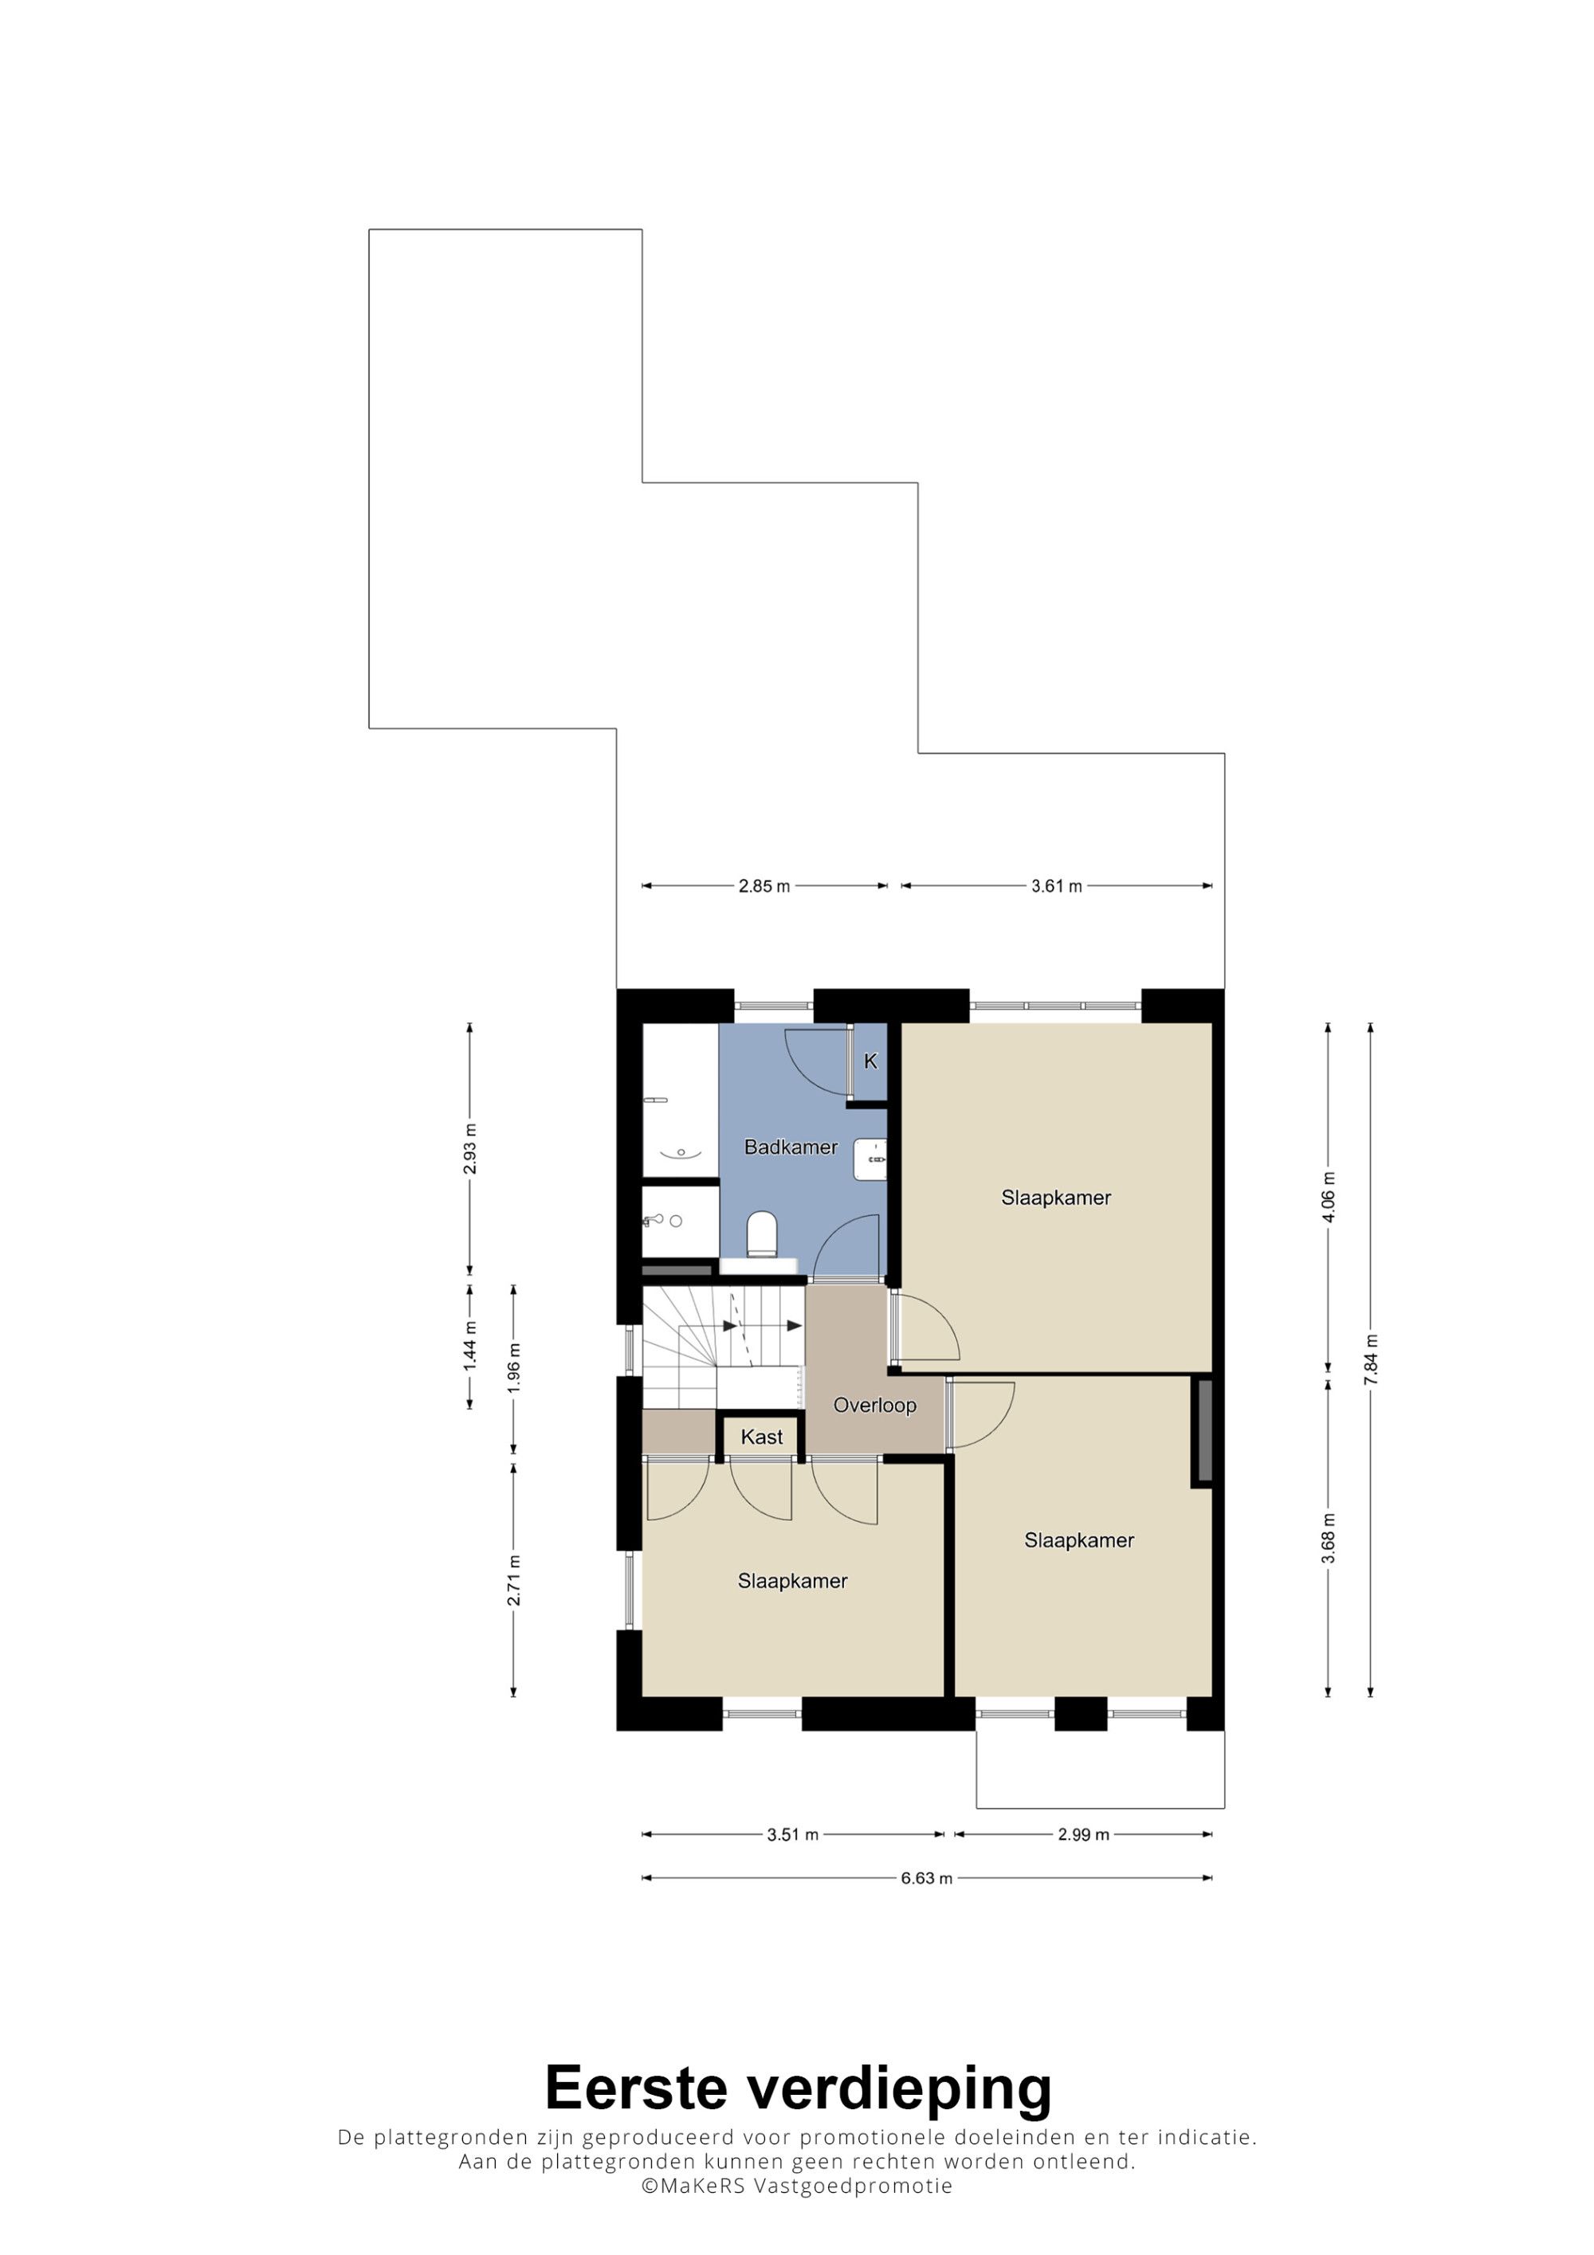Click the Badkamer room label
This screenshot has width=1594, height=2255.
click(791, 1147)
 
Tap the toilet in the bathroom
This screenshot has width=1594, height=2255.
click(762, 1233)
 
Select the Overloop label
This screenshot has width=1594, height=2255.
click(874, 1406)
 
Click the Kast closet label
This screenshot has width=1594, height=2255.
click(762, 1437)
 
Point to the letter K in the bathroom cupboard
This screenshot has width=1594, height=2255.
click(870, 1061)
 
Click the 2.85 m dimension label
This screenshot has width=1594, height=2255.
click(764, 886)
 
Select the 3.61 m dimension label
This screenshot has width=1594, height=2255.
click(1056, 886)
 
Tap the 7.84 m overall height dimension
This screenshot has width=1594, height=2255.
click(1371, 1360)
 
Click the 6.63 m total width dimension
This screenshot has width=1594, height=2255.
click(926, 1879)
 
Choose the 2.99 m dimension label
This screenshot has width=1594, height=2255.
click(1083, 1834)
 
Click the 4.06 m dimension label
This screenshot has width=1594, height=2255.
click(1329, 1198)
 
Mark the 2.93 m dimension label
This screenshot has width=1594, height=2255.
click(469, 1148)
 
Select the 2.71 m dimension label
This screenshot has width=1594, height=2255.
click(513, 1580)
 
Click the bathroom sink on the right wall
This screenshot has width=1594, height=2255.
click(870, 1159)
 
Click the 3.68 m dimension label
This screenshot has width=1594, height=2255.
click(1329, 1537)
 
